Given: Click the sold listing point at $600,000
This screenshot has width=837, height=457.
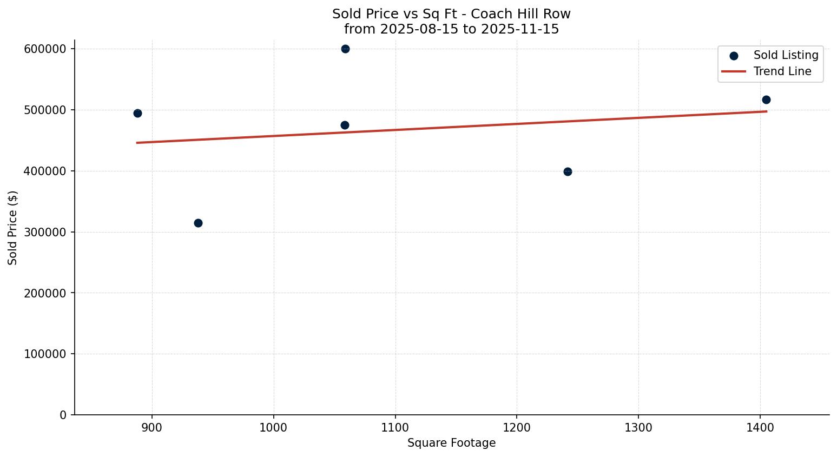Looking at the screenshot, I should pos(345,49).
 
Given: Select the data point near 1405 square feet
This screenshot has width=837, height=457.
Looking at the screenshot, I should pos(766,100).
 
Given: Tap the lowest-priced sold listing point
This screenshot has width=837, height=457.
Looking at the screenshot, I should pos(198,223).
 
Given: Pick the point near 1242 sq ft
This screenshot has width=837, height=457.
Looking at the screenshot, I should pos(568,171).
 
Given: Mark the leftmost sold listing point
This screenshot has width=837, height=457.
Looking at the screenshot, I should pos(137,113).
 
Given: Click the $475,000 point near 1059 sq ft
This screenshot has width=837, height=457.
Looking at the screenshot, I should pos(345,125).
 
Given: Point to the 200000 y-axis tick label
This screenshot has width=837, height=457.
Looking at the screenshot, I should pos(45,293).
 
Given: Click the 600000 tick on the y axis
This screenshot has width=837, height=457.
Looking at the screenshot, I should pos(45,49).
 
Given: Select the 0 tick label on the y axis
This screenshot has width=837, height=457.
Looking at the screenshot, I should pos(63,415).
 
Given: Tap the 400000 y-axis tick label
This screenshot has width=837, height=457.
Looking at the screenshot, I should pos(45,171).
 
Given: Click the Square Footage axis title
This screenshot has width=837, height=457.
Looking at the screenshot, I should pos(451,443).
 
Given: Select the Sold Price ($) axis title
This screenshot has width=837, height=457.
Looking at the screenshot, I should pos(13,228).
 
